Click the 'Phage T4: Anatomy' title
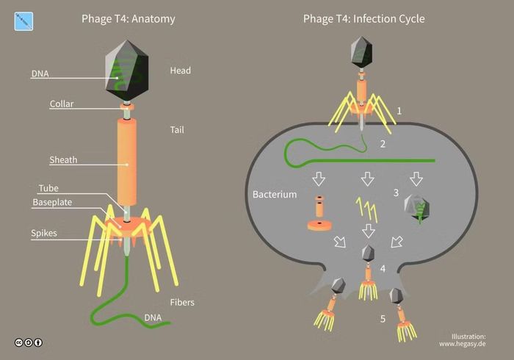pyautogui.click(x=128, y=19)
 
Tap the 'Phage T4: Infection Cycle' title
pyautogui.click(x=364, y=19)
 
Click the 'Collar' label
pyautogui.click(x=62, y=104)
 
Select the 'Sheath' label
pyautogui.click(x=63, y=160)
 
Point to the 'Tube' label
pyautogui.click(x=48, y=188)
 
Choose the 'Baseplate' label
pyautogui.click(x=52, y=202)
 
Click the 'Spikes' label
pyautogui.click(x=44, y=233)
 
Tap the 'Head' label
pyautogui.click(x=181, y=71)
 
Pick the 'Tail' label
pyautogui.click(x=177, y=130)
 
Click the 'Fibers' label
pyautogui.click(x=182, y=302)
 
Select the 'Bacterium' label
pyautogui.click(x=275, y=195)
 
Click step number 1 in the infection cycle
pyautogui.click(x=399, y=111)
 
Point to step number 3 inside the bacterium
pyautogui.click(x=396, y=192)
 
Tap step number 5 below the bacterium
pyautogui.click(x=383, y=319)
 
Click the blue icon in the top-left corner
pyautogui.click(x=23, y=21)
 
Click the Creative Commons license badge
pyautogui.click(x=29, y=342)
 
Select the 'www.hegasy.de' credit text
pyautogui.click(x=463, y=344)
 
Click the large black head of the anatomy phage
pyautogui.click(x=127, y=71)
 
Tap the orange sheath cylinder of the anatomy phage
pyautogui.click(x=127, y=162)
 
